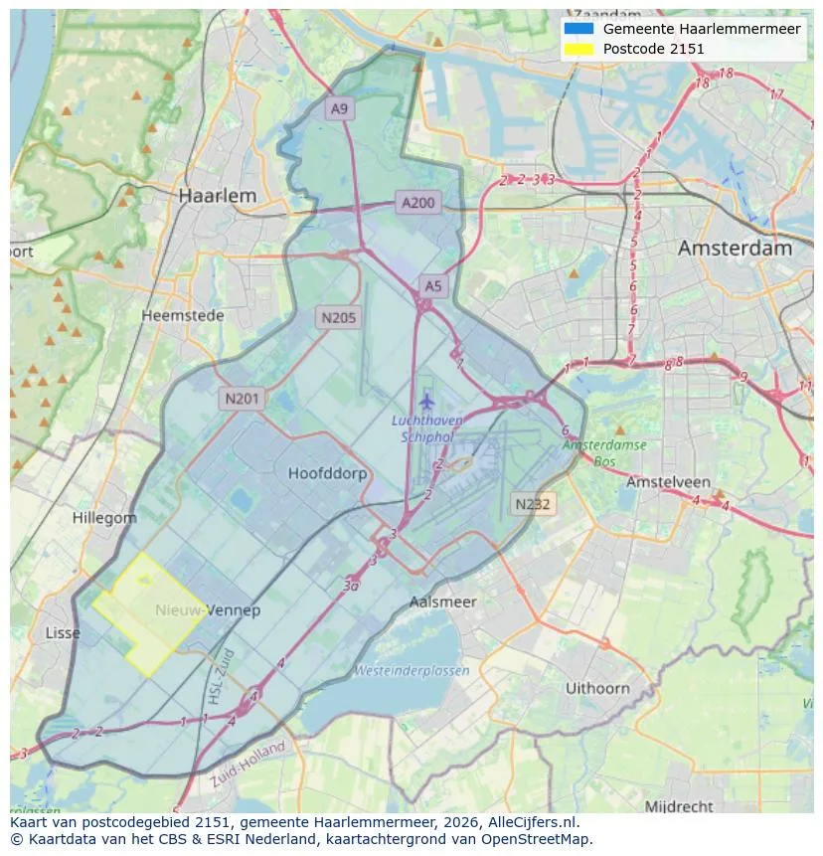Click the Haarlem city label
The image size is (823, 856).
tap(217, 196)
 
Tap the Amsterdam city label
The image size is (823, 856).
tap(735, 249)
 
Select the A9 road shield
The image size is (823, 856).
tap(340, 109)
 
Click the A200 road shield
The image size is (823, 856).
tap(417, 203)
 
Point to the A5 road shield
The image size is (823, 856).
tap(432, 286)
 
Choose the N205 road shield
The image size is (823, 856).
tap(339, 318)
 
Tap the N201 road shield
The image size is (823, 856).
tap(242, 399)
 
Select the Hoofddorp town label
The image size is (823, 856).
tap(327, 473)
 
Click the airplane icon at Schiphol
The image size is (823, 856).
tap(427, 402)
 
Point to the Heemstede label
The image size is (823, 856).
tap(183, 315)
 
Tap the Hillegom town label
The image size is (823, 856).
tap(104, 518)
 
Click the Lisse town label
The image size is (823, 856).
tap(63, 633)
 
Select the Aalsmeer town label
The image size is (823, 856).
tap(443, 601)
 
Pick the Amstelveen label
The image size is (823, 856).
tap(664, 481)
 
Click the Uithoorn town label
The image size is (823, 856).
tap(597, 688)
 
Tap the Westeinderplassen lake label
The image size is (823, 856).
tap(411, 671)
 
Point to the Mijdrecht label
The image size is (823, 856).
tap(679, 805)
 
